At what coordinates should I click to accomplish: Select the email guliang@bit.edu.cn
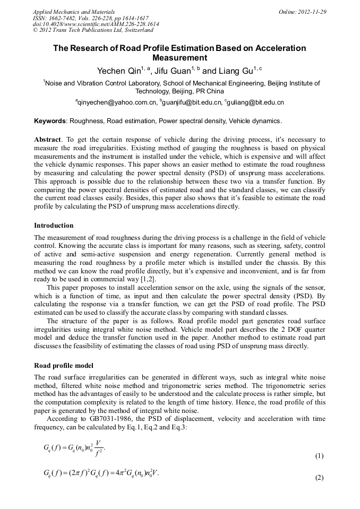256,102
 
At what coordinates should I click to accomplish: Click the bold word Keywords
51,121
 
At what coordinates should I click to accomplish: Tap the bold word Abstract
47,140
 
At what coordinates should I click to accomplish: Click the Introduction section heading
54,226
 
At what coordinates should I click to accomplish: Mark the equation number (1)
319,456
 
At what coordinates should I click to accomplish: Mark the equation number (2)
319,477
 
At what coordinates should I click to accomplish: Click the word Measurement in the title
179,58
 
